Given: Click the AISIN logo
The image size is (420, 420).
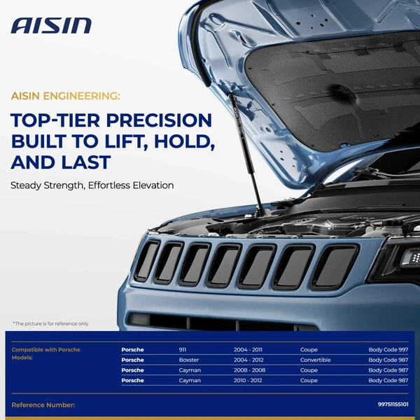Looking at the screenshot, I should point(51,26).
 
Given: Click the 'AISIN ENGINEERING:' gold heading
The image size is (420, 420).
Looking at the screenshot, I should point(66,95).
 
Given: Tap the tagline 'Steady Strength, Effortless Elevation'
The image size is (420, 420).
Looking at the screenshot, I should point(92,185).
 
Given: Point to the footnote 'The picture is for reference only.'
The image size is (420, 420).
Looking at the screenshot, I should point(52,323).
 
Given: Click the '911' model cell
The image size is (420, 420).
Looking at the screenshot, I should point(183,349).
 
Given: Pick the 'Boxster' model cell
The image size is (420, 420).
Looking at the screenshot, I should point(190,360).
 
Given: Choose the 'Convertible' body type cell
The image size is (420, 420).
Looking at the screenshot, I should point(315,360).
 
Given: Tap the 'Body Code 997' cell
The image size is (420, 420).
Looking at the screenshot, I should point(388,349).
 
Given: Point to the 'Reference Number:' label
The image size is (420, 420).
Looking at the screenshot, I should point(43,405).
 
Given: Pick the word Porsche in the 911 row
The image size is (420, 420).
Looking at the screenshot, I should point(132,349).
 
